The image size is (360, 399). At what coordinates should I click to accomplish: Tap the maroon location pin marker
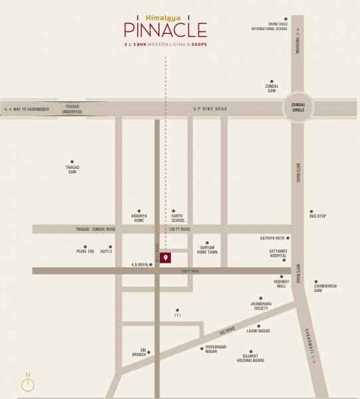165,258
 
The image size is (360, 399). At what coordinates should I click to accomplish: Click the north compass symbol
29,384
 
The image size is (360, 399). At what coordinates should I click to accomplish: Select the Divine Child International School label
270,27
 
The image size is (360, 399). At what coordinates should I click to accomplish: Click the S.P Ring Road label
210,108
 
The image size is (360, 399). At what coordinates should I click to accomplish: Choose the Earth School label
178,218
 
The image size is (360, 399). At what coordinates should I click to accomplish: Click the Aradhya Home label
138,218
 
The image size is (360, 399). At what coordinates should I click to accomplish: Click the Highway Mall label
280,284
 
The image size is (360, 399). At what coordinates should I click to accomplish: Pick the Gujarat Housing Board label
251,359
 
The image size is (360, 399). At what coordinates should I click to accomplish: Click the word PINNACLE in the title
165,29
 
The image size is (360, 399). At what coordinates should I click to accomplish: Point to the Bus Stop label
317,215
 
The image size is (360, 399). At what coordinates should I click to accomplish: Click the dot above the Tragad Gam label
73,162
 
